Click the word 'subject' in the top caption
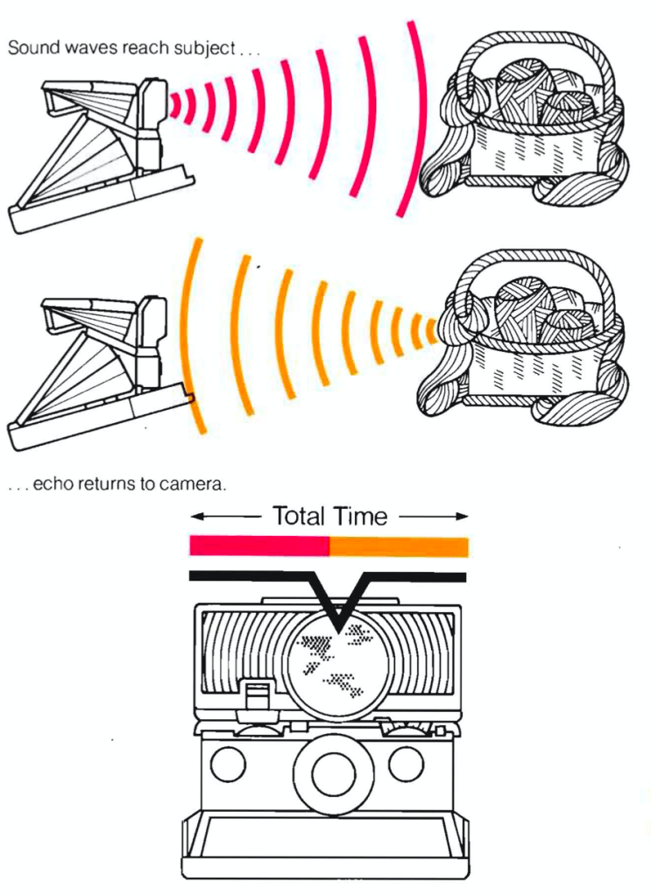click(204, 49)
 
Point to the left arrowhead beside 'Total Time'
click(197, 517)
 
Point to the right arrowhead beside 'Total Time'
click(461, 517)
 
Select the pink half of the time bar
click(259, 546)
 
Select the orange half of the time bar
click(399, 547)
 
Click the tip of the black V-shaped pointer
click(339, 631)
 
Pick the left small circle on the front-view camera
click(228, 764)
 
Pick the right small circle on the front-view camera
click(407, 764)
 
